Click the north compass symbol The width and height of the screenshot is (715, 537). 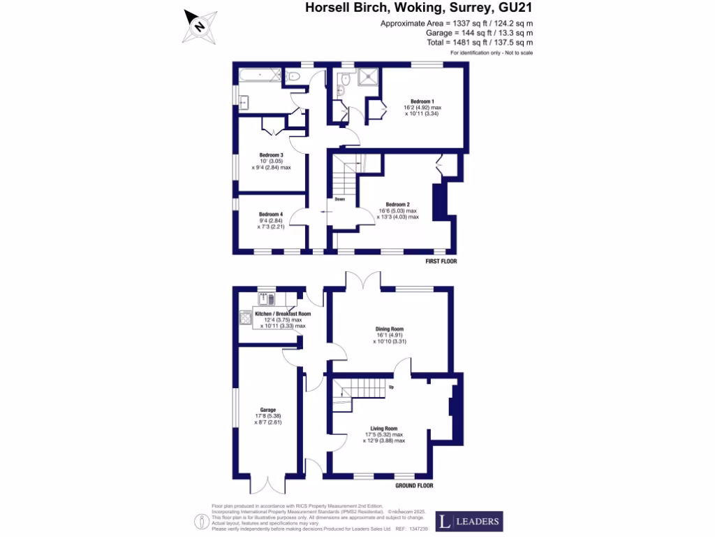pos(200,26)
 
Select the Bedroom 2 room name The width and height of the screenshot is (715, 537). pos(398,204)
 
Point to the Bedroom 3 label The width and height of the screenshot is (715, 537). pos(271,155)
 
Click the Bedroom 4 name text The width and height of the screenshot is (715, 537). pos(271,214)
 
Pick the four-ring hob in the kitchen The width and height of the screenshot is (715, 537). pos(246,318)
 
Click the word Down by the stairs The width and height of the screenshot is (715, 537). pos(339,199)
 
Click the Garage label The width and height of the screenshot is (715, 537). pos(268,410)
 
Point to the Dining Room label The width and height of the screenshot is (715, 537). pos(390,329)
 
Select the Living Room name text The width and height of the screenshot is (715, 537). pos(383,428)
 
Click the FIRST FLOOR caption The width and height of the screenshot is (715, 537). pos(441,260)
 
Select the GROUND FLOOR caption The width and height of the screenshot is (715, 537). pos(414,485)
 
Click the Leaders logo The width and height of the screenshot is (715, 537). pos(469,522)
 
